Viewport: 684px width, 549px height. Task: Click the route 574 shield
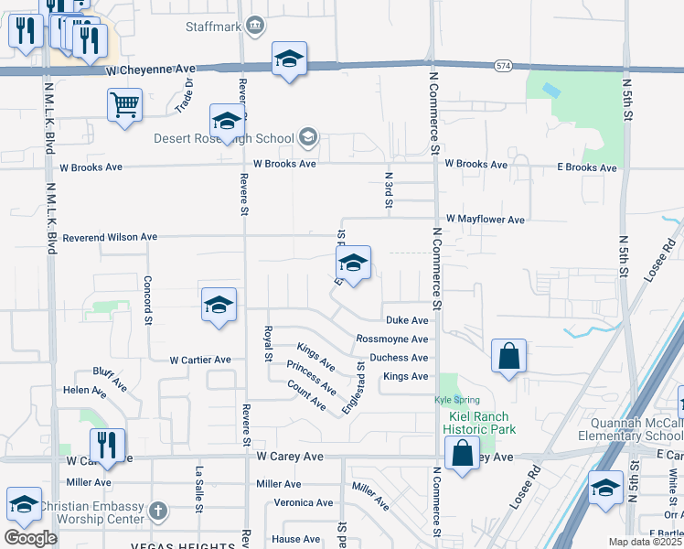point(503,66)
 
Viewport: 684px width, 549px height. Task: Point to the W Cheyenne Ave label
point(151,70)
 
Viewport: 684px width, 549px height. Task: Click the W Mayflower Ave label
point(486,220)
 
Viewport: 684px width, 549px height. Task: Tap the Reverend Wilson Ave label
point(109,237)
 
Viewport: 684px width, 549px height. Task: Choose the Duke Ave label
point(407,320)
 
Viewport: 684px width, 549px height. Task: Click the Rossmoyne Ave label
point(391,339)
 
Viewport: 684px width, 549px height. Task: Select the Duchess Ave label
point(399,358)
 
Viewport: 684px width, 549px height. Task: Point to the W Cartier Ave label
point(199,360)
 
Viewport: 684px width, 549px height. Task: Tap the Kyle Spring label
point(455,401)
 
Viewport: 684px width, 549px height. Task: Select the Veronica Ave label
point(305,502)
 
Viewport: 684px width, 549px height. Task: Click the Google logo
point(30,537)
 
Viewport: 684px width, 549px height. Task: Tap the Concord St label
point(146,299)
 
